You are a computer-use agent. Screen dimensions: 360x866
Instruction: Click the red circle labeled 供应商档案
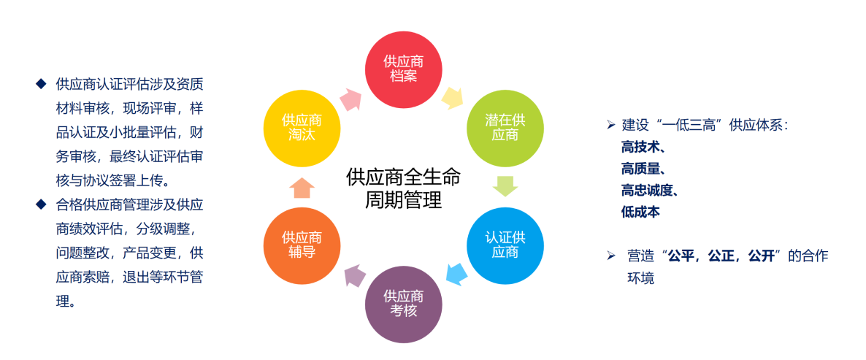404,69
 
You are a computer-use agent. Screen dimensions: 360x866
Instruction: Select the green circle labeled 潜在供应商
505,128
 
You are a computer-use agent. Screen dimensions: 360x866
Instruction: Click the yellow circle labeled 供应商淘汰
302,128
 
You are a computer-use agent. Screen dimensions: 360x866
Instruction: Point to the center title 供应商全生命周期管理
404,188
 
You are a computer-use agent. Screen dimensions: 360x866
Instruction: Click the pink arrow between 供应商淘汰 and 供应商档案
351,99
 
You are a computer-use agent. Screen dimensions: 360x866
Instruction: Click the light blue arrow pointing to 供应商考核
457,274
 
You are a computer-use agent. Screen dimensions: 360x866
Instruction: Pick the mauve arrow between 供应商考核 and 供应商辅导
355,275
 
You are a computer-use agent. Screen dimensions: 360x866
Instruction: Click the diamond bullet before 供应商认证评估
41,83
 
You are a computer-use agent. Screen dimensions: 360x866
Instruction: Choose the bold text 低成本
640,212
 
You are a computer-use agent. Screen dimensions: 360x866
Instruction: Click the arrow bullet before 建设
610,125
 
